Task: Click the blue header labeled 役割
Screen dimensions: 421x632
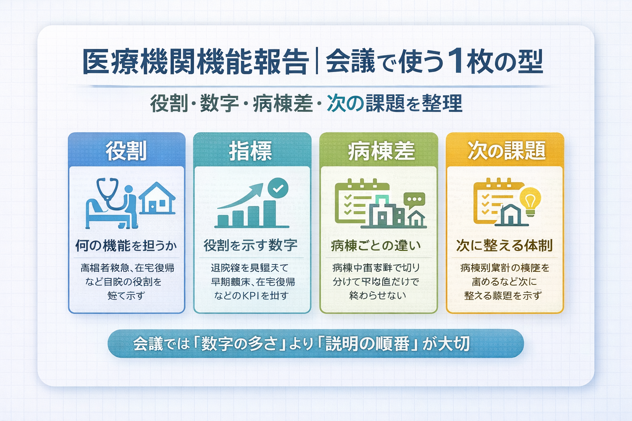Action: pyautogui.click(x=126, y=150)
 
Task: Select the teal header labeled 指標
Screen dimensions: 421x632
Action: pyautogui.click(x=251, y=150)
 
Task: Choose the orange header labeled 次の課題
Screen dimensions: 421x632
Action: pyautogui.click(x=505, y=150)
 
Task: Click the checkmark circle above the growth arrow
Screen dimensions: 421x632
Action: pyautogui.click(x=278, y=188)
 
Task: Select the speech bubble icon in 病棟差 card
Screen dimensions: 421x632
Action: pyautogui.click(x=414, y=199)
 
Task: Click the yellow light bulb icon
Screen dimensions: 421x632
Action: pyautogui.click(x=530, y=200)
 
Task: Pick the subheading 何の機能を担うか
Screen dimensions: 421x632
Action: pyautogui.click(x=126, y=245)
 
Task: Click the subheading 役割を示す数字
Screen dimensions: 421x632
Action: pyautogui.click(x=251, y=245)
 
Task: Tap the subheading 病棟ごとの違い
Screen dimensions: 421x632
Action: pyautogui.click(x=376, y=245)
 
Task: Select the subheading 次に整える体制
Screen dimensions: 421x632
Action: pyautogui.click(x=504, y=245)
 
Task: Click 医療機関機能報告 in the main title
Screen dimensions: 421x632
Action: pyautogui.click(x=195, y=62)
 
